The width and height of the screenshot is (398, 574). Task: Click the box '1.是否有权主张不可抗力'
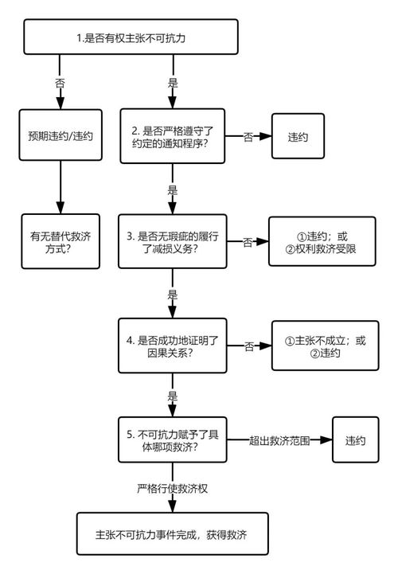point(131,37)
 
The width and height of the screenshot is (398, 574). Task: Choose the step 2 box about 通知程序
point(173,137)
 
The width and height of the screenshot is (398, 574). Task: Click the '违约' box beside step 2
point(299,136)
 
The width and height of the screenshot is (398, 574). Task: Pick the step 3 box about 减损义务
point(173,242)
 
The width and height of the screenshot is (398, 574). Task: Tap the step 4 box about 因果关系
point(173,346)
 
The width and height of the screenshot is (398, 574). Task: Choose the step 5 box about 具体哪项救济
point(173,439)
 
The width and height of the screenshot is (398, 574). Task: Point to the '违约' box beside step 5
point(355,440)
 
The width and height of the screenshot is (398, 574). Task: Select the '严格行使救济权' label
point(173,487)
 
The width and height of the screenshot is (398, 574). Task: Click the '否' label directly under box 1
point(60,83)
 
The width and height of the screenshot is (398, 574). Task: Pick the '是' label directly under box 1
point(173,83)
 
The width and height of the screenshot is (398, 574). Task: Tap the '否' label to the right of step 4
point(249,346)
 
